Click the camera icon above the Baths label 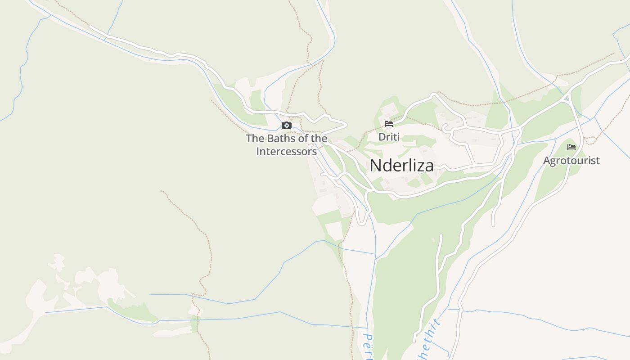point(287,126)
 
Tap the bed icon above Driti point(389,123)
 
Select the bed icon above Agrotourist point(571,147)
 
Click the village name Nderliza point(402,166)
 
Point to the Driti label point(389,136)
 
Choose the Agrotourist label point(571,161)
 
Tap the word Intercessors point(287,152)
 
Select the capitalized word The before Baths point(255,139)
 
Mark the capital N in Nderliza point(375,166)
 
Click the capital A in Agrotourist point(547,161)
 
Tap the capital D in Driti point(382,136)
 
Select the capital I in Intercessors point(258,152)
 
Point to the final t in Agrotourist point(598,161)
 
